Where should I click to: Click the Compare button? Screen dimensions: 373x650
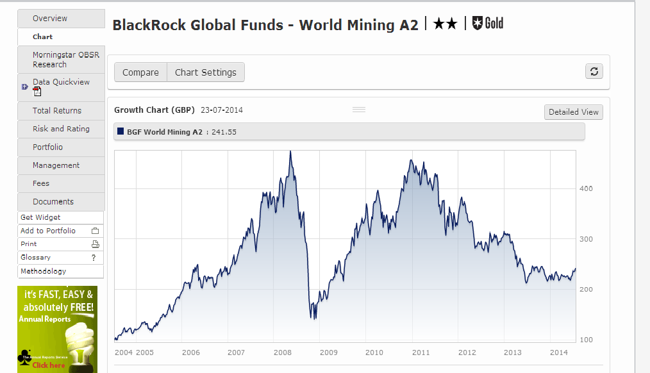pyautogui.click(x=140, y=72)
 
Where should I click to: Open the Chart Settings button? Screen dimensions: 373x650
pyautogui.click(x=206, y=72)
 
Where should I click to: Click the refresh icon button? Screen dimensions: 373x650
pyautogui.click(x=594, y=71)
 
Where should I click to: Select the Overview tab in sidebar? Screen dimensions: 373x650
pyautogui.click(x=50, y=19)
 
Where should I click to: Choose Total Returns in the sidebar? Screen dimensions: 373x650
pyautogui.click(x=57, y=111)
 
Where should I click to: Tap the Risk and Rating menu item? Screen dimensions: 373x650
pyautogui.click(x=61, y=129)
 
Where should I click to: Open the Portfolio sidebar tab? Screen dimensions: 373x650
pyautogui.click(x=48, y=147)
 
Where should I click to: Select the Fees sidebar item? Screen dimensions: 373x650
pyautogui.click(x=41, y=183)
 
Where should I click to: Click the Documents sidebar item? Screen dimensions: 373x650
pyautogui.click(x=53, y=202)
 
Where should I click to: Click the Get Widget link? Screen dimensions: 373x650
pyautogui.click(x=40, y=218)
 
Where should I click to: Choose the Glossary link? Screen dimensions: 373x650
pyautogui.click(x=35, y=258)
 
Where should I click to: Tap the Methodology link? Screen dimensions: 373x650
pyautogui.click(x=43, y=271)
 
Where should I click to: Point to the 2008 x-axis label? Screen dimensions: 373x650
pyautogui.click(x=283, y=352)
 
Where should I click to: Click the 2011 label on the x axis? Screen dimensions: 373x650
pyautogui.click(x=421, y=352)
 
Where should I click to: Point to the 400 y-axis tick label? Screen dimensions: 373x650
pyautogui.click(x=587, y=188)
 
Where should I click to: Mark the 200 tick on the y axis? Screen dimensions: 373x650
pyautogui.click(x=587, y=290)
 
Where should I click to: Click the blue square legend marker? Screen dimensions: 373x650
pyautogui.click(x=121, y=132)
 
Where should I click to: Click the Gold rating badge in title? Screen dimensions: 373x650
pyautogui.click(x=488, y=24)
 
